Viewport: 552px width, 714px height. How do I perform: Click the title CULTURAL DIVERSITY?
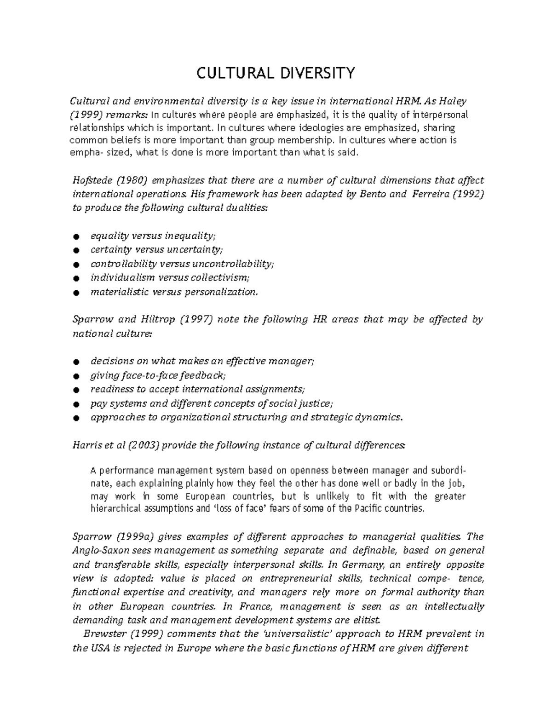276,73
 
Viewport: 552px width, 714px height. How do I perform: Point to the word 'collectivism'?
223,277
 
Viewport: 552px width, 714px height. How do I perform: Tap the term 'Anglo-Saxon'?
95,550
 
